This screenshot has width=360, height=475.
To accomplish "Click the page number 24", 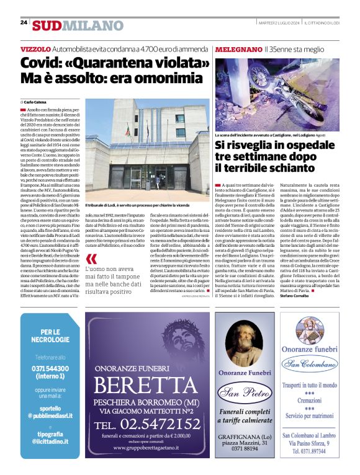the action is click(x=24, y=22).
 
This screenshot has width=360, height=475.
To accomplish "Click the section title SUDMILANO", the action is click(x=78, y=25).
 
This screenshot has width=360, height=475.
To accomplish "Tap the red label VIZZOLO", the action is click(x=35, y=48).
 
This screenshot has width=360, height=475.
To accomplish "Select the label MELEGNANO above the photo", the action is click(x=238, y=48).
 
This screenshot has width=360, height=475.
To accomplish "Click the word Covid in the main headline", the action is click(x=41, y=63).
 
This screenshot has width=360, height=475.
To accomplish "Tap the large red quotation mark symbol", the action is click(x=91, y=259).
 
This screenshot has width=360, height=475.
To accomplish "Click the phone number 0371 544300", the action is click(x=52, y=368).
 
